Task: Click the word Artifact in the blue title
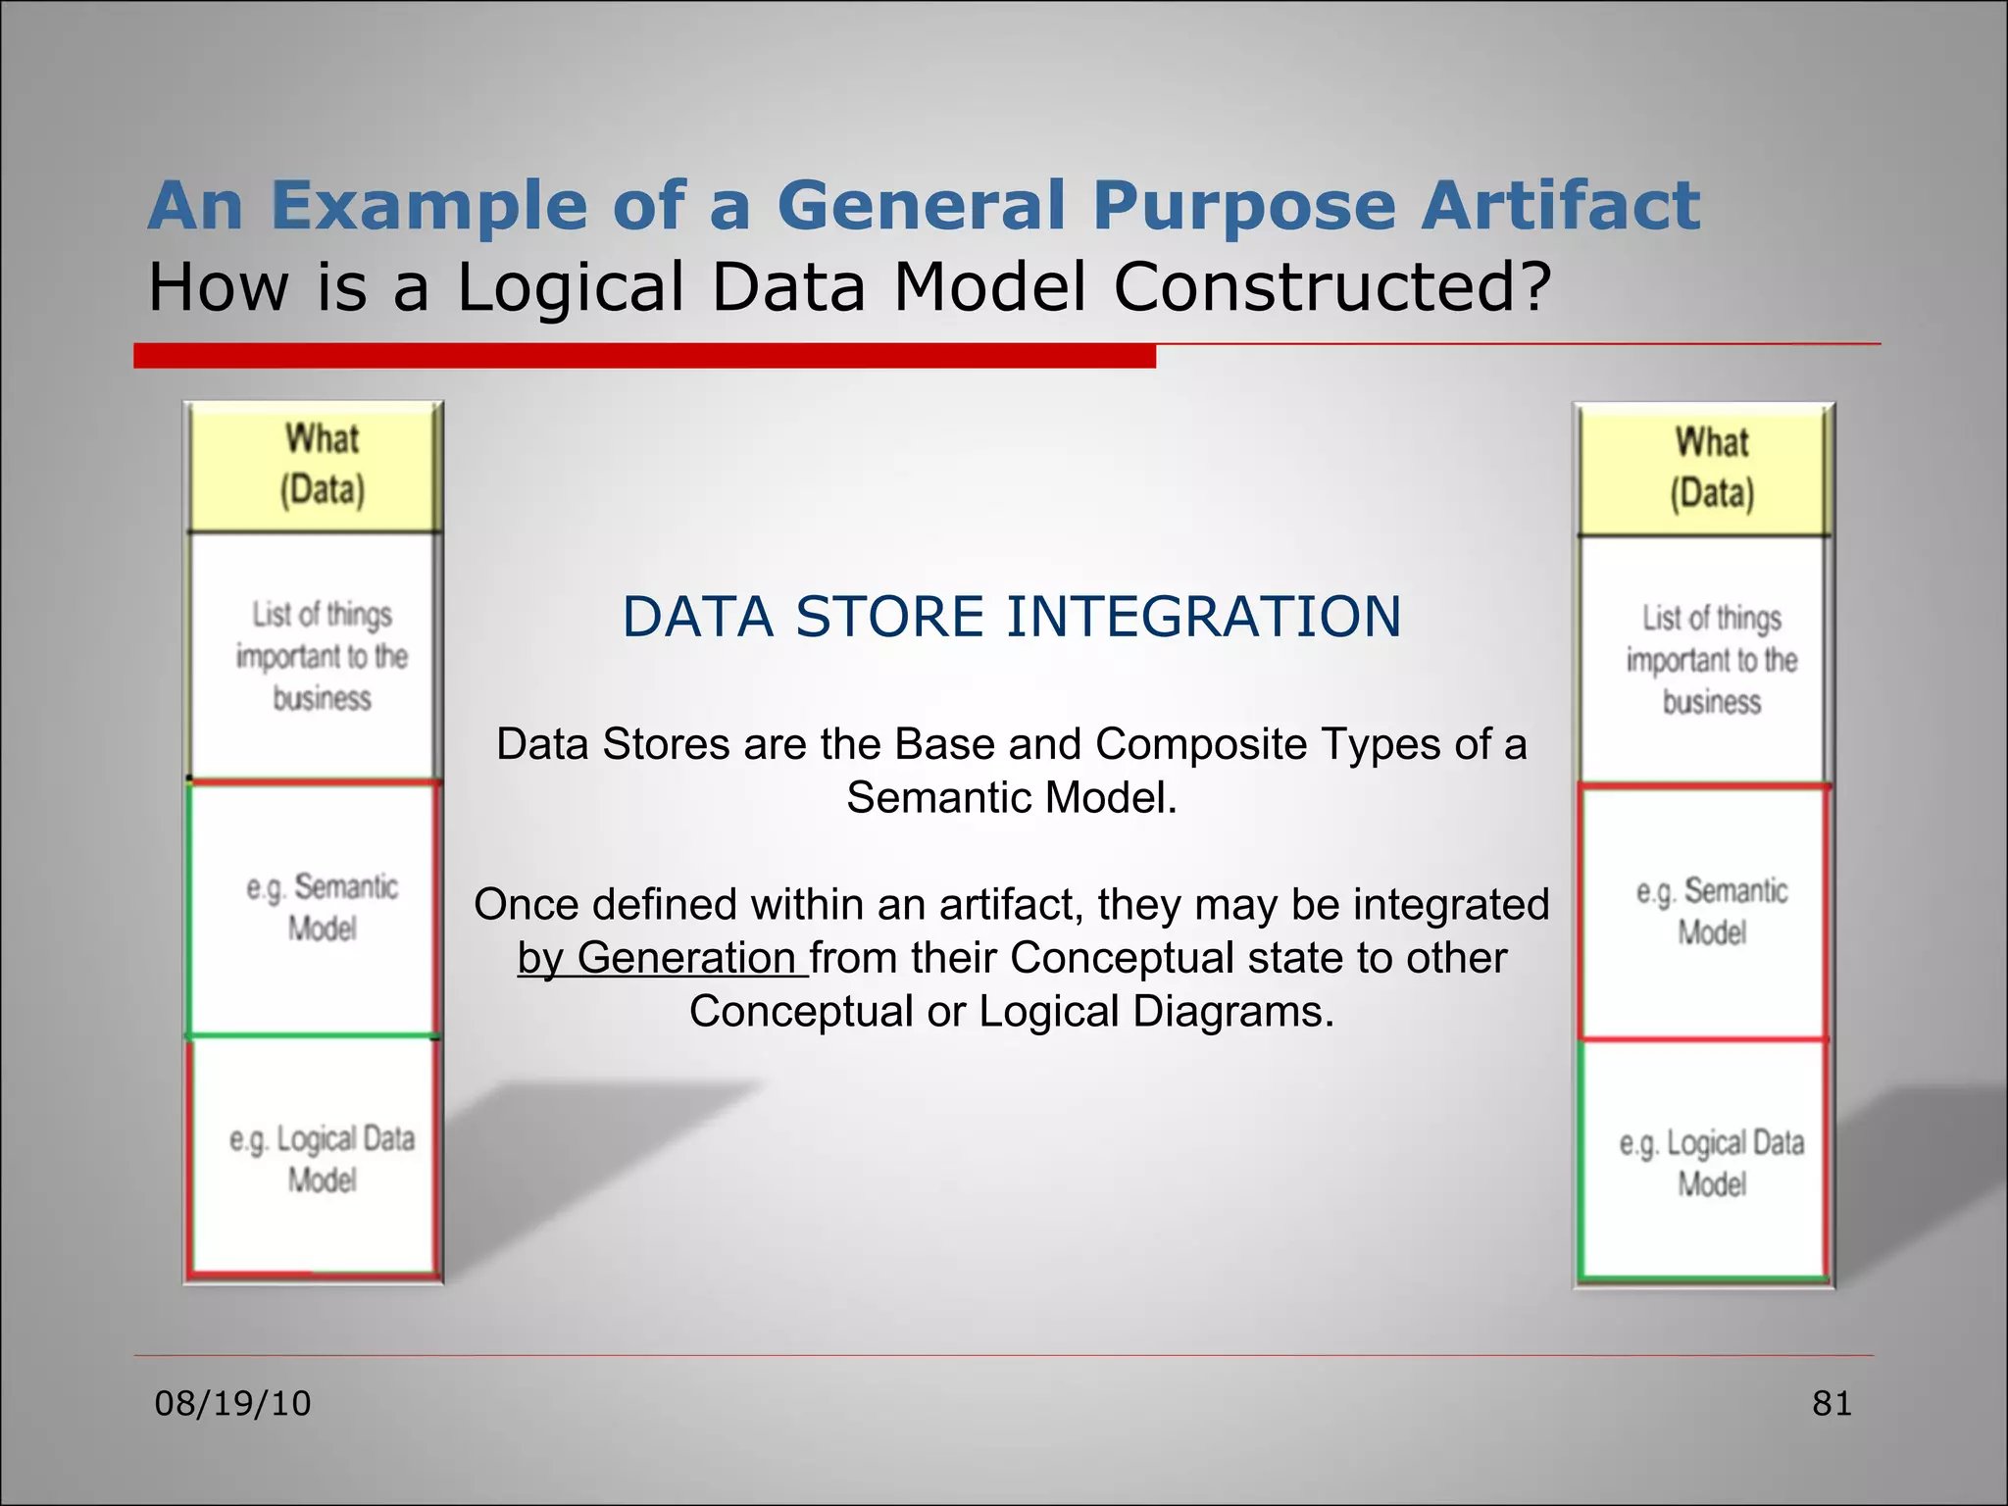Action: (1561, 206)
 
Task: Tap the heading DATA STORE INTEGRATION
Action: (1011, 617)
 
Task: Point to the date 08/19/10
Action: (232, 1403)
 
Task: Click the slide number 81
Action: (1832, 1403)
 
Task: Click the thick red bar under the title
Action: (644, 356)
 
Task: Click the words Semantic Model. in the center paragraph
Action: (1011, 797)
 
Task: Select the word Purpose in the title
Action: (1243, 206)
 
